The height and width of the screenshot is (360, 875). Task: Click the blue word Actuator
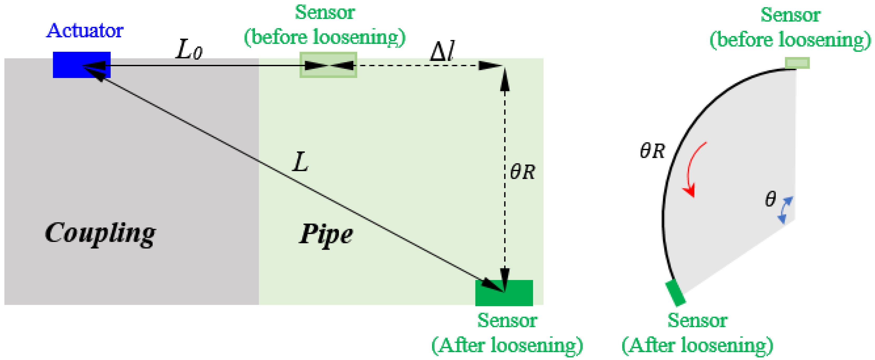tap(85, 31)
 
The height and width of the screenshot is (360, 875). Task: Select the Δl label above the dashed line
tap(442, 52)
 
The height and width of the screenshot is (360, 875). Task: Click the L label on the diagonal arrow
tap(300, 162)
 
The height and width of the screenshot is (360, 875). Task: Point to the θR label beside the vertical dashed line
tap(522, 171)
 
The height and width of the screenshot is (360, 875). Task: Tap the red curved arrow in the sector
tap(693, 170)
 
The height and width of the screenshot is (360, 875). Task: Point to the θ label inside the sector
tap(770, 199)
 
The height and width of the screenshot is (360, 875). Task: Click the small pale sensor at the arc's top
tap(797, 63)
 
